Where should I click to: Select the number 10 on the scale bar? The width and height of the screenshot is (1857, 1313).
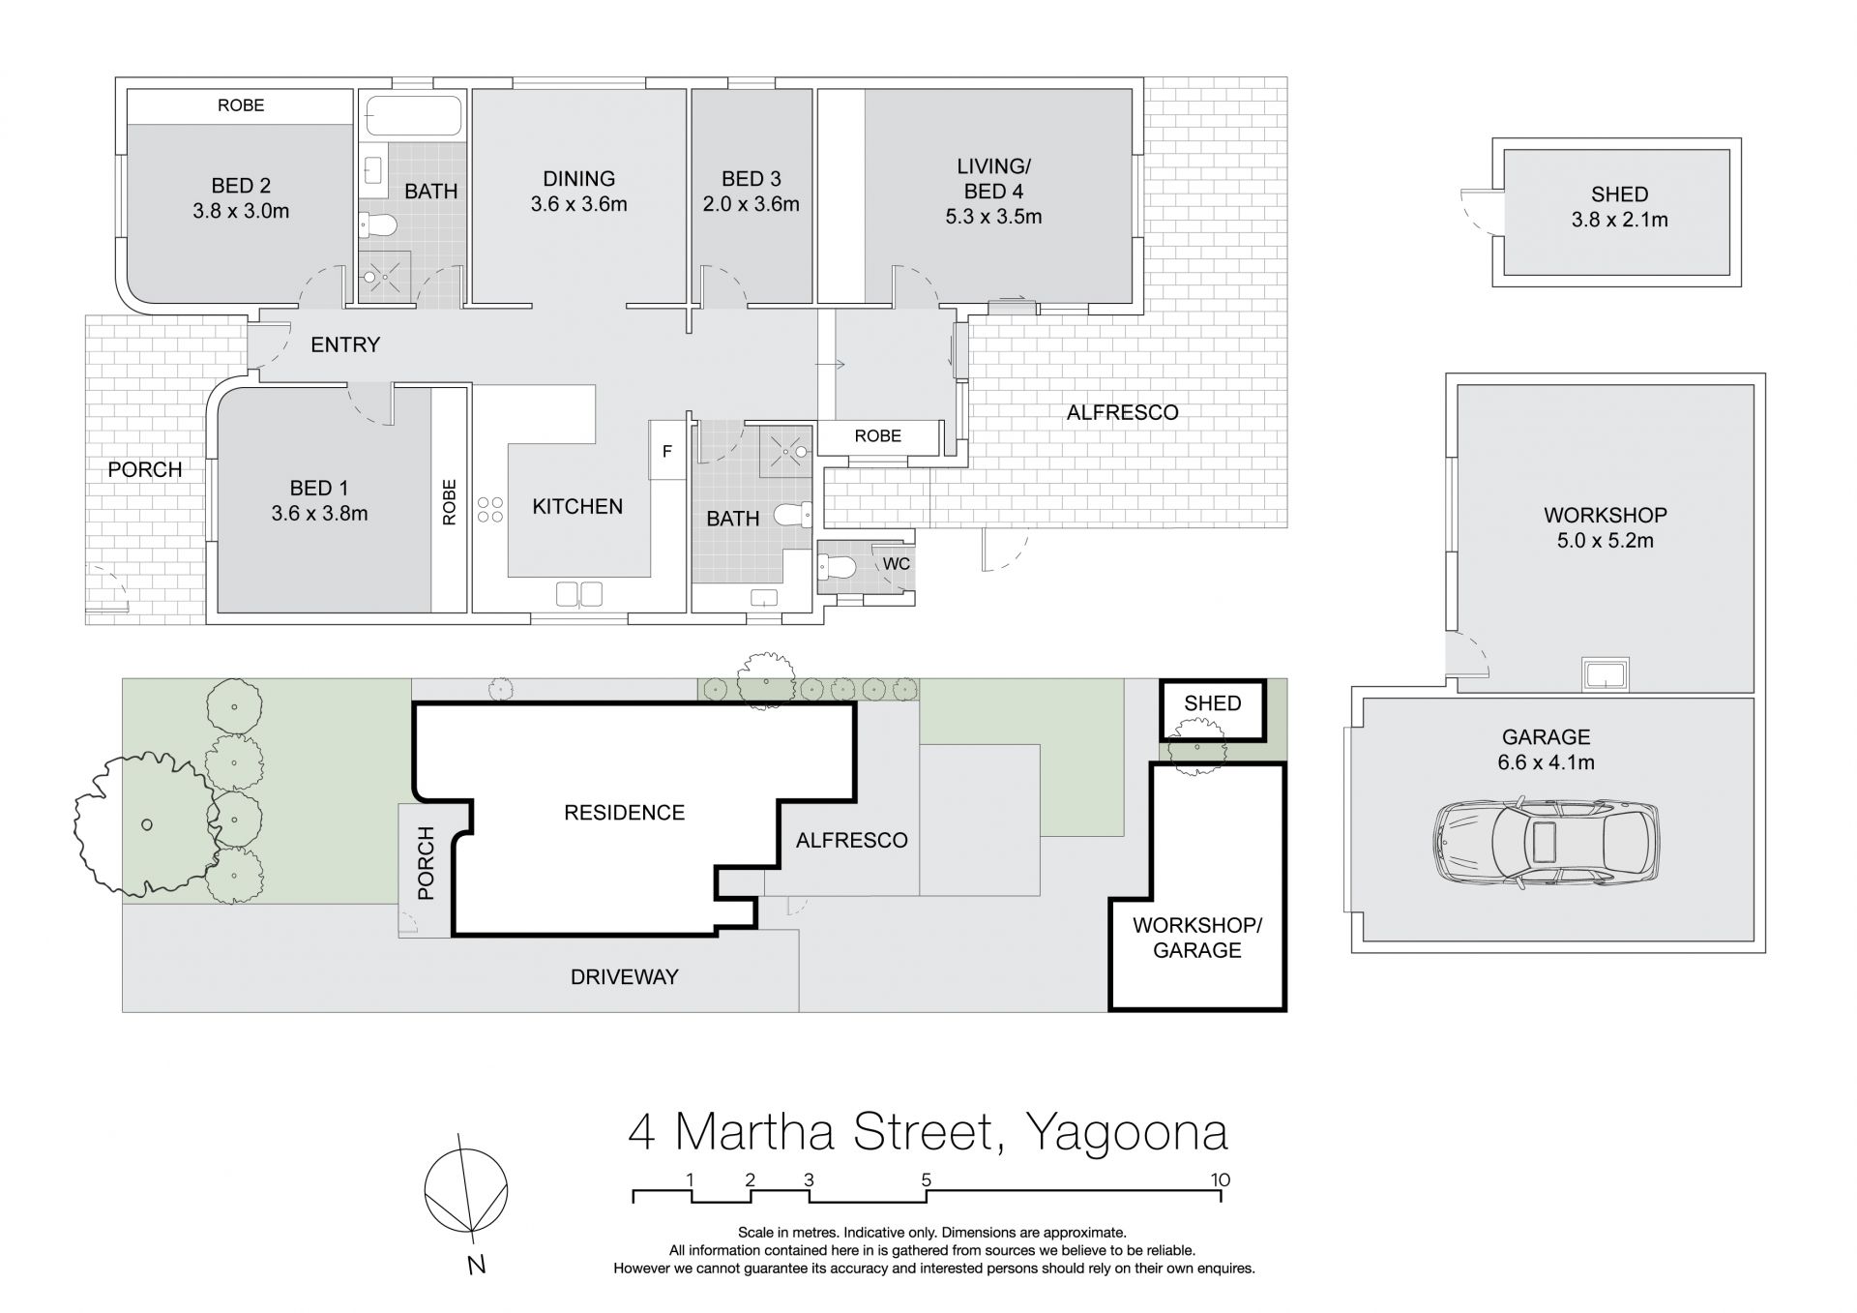[1221, 1179]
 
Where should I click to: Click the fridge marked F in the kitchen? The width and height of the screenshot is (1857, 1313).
[667, 450]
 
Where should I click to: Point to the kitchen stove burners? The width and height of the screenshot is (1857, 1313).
[490, 510]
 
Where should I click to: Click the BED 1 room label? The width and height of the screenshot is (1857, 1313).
[319, 501]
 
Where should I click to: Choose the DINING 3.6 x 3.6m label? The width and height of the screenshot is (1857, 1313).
[578, 192]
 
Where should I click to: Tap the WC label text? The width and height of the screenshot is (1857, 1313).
[897, 564]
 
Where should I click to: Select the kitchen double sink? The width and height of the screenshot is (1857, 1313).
[579, 593]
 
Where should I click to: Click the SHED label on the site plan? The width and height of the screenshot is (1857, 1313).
[1212, 703]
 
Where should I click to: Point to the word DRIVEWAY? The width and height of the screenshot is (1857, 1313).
[624, 977]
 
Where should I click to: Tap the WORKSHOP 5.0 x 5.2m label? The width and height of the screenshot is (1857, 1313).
[1606, 528]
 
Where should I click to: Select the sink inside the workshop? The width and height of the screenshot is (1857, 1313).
[1605, 673]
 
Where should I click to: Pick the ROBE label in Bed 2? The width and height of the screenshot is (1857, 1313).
[241, 105]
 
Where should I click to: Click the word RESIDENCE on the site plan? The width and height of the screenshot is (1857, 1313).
[624, 813]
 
